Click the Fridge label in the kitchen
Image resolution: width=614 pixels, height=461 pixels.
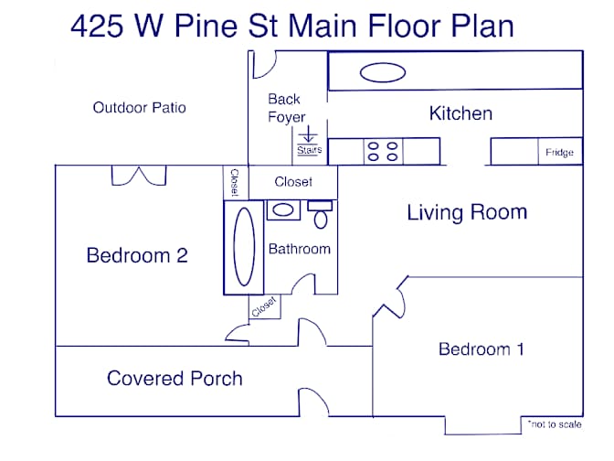click(x=559, y=153)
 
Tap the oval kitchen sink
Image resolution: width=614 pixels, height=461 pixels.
click(x=383, y=72)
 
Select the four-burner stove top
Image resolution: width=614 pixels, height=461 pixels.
click(x=383, y=151)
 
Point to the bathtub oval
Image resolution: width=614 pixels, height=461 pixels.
click(x=244, y=247)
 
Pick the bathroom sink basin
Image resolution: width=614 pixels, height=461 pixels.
click(x=283, y=209)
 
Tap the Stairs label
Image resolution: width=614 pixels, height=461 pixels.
click(x=310, y=150)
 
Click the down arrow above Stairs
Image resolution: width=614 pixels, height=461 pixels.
click(x=308, y=134)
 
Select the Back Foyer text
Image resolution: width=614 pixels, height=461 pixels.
click(x=286, y=109)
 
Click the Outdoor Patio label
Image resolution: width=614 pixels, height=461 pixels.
click(x=140, y=107)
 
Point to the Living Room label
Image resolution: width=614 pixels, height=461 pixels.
click(x=467, y=212)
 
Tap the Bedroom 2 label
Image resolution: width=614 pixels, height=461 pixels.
click(x=137, y=255)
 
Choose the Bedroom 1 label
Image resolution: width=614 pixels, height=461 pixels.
click(x=482, y=348)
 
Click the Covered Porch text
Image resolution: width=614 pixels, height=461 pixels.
click(x=175, y=379)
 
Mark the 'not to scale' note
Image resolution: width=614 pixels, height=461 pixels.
click(x=554, y=424)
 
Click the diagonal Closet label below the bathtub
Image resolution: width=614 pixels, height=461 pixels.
click(x=264, y=306)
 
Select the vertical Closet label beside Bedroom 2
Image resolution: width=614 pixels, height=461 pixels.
click(x=235, y=182)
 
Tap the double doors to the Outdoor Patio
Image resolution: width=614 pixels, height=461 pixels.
click(x=139, y=176)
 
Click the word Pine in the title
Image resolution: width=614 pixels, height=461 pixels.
click(x=206, y=26)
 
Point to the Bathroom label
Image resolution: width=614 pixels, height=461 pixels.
click(x=300, y=249)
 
